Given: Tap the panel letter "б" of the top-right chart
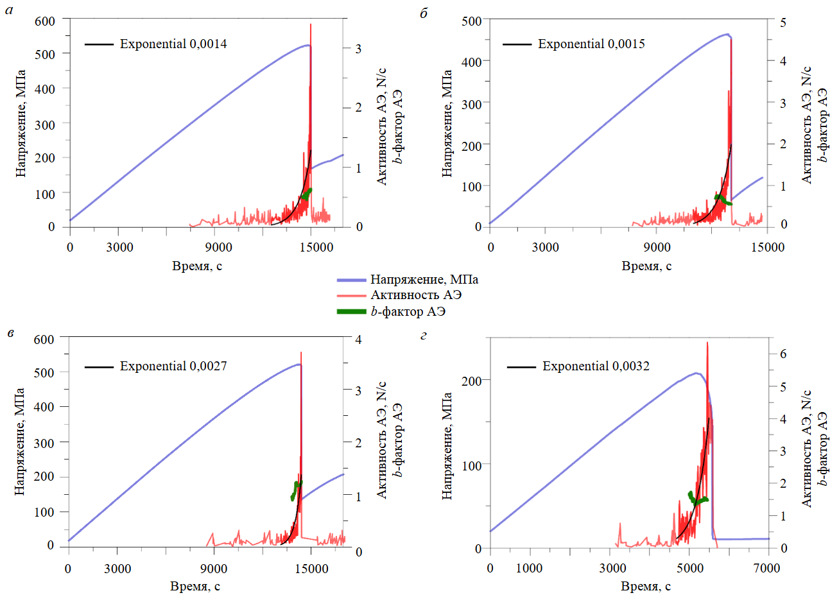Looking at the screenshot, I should tap(424, 13).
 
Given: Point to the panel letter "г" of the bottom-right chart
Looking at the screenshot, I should tap(424, 336).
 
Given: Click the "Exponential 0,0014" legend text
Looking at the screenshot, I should tap(173, 44).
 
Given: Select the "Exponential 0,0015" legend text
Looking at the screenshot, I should tap(591, 44).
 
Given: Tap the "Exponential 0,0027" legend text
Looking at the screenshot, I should tap(173, 366).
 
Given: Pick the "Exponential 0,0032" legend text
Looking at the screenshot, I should tap(595, 366).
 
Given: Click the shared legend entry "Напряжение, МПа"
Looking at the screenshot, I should tap(424, 280).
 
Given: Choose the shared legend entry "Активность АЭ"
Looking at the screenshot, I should tap(415, 295).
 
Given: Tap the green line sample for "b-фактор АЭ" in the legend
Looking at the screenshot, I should tap(351, 312).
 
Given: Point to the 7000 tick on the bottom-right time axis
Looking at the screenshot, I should tap(766, 568).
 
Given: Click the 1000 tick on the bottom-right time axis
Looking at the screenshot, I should tap(530, 568).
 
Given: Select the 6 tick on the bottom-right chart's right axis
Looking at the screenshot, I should tap(783, 354).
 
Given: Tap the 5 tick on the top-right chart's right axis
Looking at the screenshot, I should tap(783, 22).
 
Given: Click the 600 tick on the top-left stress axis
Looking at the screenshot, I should tap(45, 21).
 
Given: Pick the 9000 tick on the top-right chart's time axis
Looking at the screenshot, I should tap(657, 247).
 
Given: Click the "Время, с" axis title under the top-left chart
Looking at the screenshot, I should tap(197, 266).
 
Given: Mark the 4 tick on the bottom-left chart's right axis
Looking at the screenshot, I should tap(359, 340).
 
